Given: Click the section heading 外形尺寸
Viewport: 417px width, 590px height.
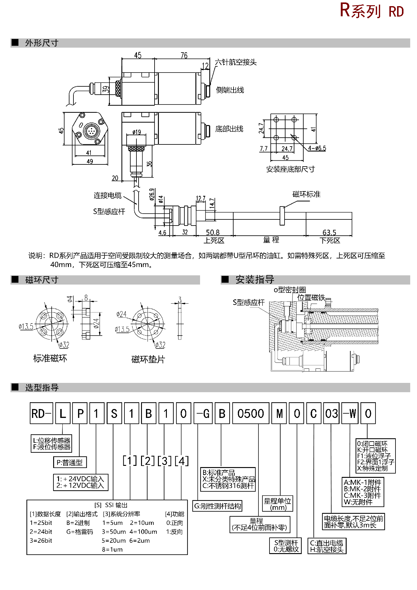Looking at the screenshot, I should click(42, 43).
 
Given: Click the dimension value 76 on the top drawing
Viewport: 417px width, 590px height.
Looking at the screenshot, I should click(184, 55).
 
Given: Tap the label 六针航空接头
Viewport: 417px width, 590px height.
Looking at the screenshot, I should click(236, 62).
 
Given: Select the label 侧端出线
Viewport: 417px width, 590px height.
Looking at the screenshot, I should click(230, 90).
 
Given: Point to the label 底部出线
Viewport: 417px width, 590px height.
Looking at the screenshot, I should click(229, 129).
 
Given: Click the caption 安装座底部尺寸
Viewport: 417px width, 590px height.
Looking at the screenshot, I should click(290, 169).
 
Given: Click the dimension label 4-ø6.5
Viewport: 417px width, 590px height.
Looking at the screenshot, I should click(317, 148).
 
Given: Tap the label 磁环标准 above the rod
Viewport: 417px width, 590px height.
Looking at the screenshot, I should click(306, 194).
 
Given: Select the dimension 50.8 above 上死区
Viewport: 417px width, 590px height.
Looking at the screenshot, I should click(213, 232).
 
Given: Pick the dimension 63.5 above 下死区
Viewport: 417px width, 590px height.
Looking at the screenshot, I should click(329, 232).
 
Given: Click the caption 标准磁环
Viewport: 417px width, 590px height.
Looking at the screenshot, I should click(50, 358).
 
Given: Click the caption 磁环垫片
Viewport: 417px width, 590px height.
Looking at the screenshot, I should click(148, 359).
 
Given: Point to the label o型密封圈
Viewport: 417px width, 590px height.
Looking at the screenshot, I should click(290, 290).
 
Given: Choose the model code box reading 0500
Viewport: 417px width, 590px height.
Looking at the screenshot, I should click(250, 414).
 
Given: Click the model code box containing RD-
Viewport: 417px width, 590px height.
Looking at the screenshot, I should click(41, 414).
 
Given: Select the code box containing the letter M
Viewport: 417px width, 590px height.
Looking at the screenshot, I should click(280, 414).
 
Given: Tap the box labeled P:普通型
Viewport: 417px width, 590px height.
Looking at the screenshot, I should click(70, 462).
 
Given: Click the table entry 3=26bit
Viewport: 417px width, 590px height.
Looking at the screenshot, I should click(41, 541).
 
